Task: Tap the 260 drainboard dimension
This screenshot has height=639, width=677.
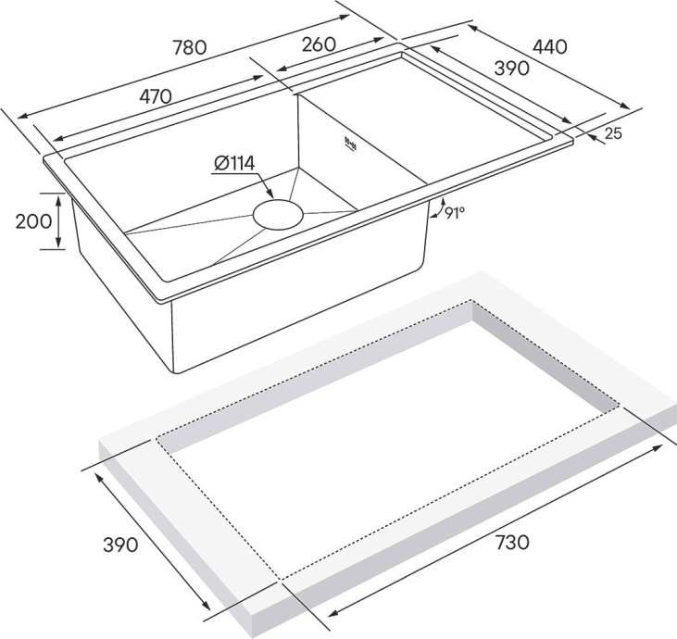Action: tap(317, 44)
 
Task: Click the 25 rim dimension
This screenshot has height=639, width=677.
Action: tap(612, 133)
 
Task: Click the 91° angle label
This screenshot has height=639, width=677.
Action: tap(455, 213)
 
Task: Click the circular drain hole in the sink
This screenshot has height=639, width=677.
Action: tap(278, 213)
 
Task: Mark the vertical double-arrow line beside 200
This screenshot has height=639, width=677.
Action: tap(58, 221)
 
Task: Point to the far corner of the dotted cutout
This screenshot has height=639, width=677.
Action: tap(471, 302)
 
